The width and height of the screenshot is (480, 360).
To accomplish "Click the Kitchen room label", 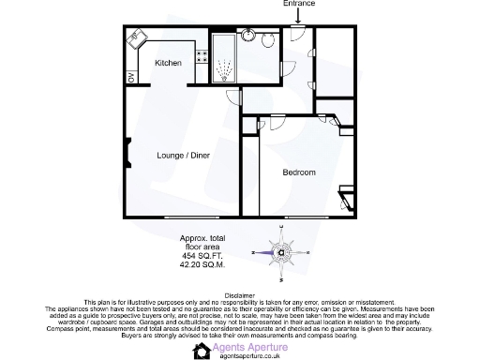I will coord(168,63).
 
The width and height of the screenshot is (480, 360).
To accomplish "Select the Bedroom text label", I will coord(299,172).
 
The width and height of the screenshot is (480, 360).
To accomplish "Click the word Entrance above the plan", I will coord(299,5).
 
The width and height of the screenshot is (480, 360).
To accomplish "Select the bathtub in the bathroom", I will coord(225,62).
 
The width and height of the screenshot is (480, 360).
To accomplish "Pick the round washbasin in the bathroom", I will coord(249,37).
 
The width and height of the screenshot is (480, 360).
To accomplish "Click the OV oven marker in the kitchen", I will coord(132,76).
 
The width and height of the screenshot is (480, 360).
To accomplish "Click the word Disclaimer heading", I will coord(240,293).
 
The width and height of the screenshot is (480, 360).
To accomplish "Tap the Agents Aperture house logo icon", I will coord(202,351).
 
